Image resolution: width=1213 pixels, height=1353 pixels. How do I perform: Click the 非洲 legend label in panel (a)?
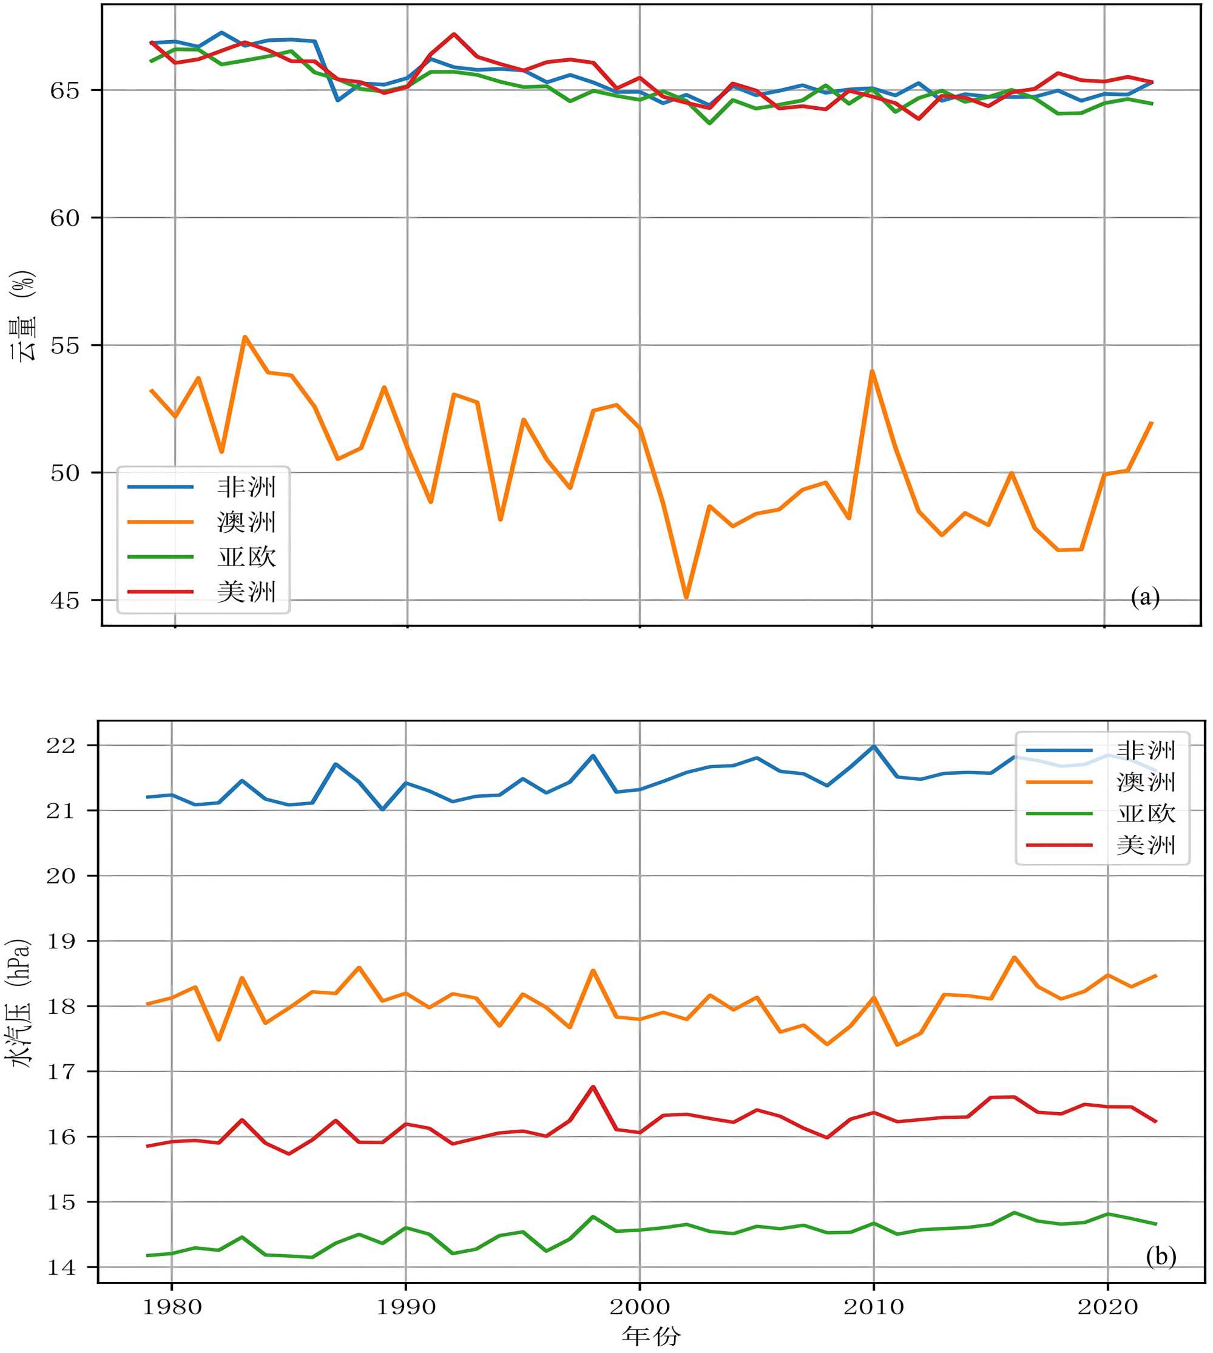(246, 487)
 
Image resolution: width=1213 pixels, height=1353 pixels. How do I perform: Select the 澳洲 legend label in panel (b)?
(1146, 783)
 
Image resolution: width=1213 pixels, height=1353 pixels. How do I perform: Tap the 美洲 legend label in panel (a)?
(246, 592)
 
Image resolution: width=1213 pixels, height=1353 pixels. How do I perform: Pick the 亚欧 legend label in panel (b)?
(1146, 814)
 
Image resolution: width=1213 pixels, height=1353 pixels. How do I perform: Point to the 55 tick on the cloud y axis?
(65, 346)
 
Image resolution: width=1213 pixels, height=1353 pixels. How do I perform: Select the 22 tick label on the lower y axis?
(61, 746)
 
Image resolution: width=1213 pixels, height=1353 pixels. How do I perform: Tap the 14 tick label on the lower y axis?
(61, 1267)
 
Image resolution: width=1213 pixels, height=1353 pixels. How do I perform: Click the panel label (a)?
(1145, 596)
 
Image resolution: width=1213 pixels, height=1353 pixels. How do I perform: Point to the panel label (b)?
(1161, 1257)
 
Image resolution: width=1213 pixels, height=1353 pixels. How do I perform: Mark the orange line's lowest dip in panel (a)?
(686, 597)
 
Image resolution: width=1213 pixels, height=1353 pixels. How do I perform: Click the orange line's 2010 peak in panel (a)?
(872, 371)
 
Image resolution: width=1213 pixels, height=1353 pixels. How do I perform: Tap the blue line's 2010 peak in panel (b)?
(873, 746)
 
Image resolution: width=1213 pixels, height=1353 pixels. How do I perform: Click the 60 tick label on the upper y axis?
(65, 218)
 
